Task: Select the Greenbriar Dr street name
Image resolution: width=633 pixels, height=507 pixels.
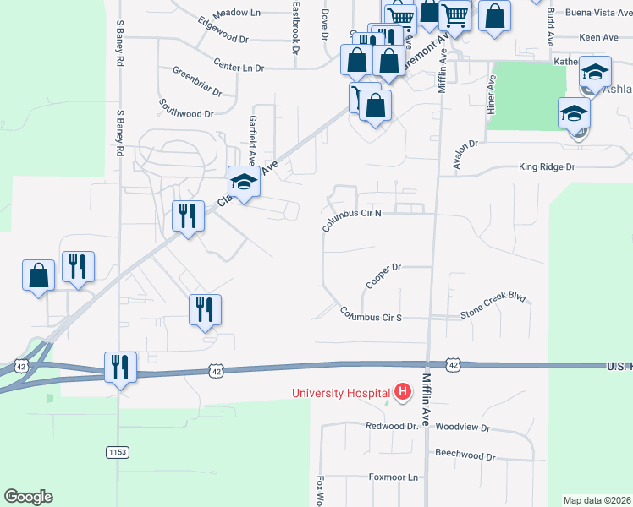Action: point(197,82)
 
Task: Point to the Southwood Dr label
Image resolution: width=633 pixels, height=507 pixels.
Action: point(185,107)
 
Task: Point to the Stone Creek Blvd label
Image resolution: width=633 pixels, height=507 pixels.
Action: point(493,306)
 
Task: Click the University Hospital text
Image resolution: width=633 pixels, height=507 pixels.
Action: point(340,393)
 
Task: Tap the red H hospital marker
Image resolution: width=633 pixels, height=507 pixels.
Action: point(403,393)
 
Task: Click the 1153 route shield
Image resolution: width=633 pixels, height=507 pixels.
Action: point(118,453)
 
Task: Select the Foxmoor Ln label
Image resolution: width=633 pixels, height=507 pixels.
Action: point(394,477)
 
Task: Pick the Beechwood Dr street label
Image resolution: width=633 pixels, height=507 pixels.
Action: point(465,455)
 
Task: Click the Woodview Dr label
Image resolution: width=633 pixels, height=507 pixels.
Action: point(463,428)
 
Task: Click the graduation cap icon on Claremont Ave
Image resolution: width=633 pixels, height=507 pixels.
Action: point(244,182)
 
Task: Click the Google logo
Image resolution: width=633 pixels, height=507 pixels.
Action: point(28,497)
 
